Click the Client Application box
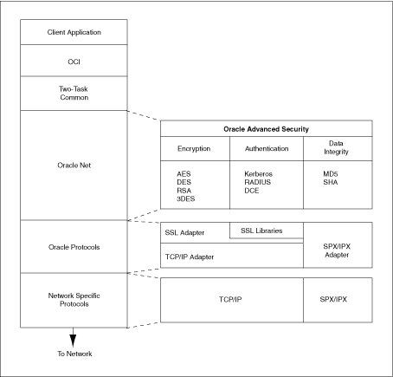tap(74, 33)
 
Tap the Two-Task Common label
tap(74, 92)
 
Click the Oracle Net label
tap(74, 164)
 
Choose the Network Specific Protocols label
tap(74, 300)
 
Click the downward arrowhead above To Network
tap(74, 337)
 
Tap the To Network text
tap(74, 354)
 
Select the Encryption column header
tap(195, 148)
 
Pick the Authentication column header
tap(267, 148)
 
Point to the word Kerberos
tap(260, 173)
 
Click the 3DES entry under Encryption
tap(188, 200)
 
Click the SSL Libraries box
tap(267, 230)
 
